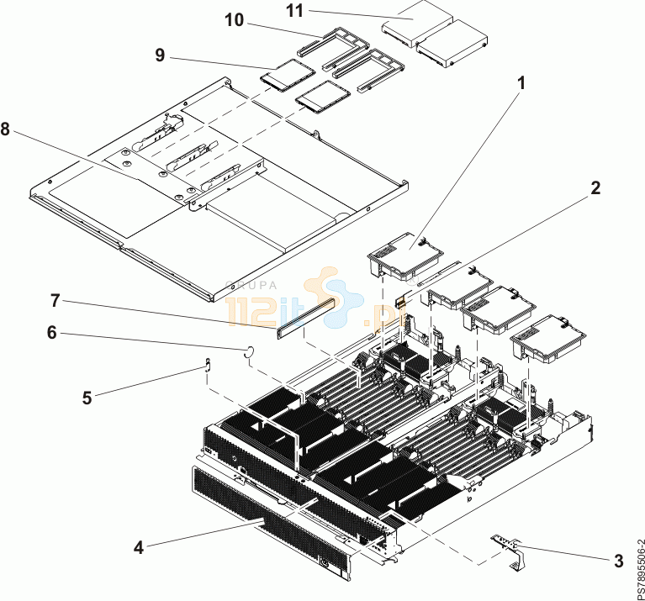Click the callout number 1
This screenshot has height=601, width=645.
pyautogui.click(x=521, y=82)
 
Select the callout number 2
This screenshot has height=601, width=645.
pyautogui.click(x=595, y=188)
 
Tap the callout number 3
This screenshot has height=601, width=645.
pyautogui.click(x=618, y=559)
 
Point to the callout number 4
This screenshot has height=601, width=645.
pyautogui.click(x=139, y=547)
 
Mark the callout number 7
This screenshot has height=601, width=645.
pyautogui.click(x=55, y=299)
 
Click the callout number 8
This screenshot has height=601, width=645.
pyautogui.click(x=6, y=129)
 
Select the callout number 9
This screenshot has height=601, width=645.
pyautogui.click(x=159, y=55)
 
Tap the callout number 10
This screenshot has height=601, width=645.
pyautogui.click(x=233, y=20)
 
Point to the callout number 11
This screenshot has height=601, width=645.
pyautogui.click(x=295, y=12)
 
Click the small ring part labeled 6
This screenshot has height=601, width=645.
pyautogui.click(x=249, y=352)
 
